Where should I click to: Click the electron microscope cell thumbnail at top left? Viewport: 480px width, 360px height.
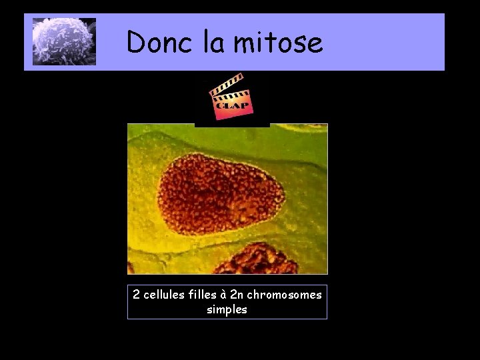click(65, 42)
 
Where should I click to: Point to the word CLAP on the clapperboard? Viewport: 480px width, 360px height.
click(232, 105)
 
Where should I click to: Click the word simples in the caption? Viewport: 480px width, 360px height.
click(227, 309)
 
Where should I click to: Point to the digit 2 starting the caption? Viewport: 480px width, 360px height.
click(136, 294)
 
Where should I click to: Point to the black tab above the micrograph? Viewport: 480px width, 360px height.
click(232, 124)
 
